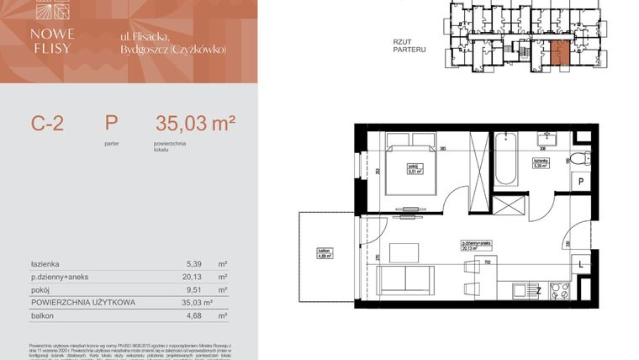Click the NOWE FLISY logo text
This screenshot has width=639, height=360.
point(55,40)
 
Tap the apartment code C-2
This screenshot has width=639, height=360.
point(47,124)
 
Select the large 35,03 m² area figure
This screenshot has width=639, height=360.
point(195,124)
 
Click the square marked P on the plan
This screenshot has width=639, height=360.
point(581,182)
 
